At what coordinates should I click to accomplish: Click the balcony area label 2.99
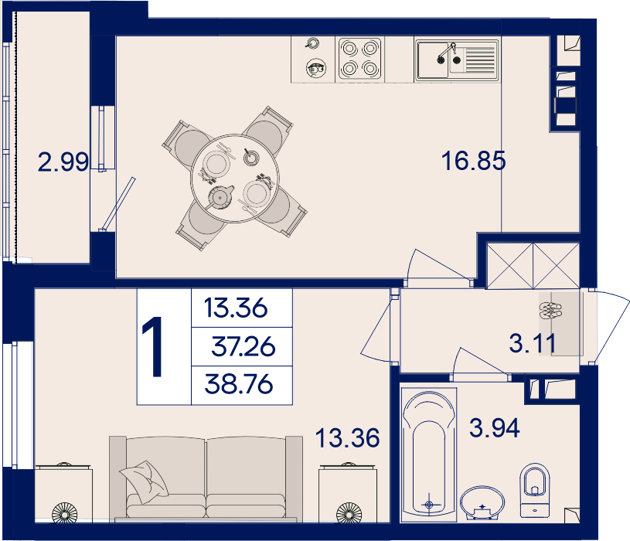[x=63, y=162]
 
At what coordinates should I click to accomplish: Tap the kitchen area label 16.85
[x=473, y=161]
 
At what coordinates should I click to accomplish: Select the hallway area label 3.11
[x=533, y=343]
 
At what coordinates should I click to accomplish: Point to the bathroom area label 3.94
[x=494, y=427]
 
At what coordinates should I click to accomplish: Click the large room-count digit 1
[x=152, y=346]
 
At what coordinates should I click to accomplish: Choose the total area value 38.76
[x=239, y=383]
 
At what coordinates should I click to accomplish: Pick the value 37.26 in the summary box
[x=243, y=346]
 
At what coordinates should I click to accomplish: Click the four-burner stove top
[x=359, y=59]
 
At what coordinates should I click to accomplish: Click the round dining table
[x=235, y=179]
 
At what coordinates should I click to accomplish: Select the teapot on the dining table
[x=220, y=197]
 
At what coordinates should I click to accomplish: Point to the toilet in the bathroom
[x=534, y=491]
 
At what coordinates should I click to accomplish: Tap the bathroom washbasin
[x=482, y=503]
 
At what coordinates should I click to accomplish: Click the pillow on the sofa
[x=144, y=481]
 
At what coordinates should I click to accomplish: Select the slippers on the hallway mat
[x=550, y=311]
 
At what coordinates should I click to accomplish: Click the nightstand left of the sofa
[x=63, y=494]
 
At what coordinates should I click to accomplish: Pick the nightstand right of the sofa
[x=348, y=494]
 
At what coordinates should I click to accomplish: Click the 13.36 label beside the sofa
[x=347, y=437]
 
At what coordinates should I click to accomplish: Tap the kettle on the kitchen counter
[x=316, y=68]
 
